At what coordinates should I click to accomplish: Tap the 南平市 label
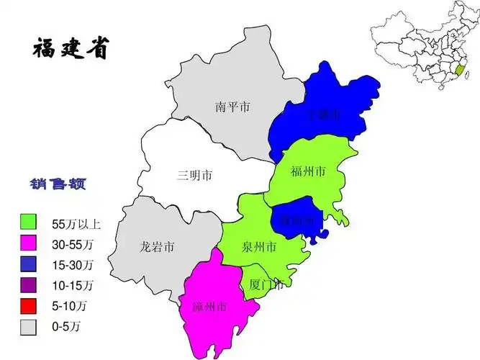(232, 107)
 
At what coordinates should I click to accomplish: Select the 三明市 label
(194, 175)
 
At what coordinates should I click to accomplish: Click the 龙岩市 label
(157, 247)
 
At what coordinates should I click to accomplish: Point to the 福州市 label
(308, 171)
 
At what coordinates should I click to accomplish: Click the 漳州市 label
(210, 307)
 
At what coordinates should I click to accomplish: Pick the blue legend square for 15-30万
(29, 264)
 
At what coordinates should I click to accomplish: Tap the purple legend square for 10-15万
(29, 285)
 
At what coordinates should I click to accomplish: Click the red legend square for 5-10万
(29, 306)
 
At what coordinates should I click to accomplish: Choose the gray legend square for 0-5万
(29, 327)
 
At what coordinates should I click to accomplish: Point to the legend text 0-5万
(67, 328)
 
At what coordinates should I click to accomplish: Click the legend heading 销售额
(58, 185)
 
